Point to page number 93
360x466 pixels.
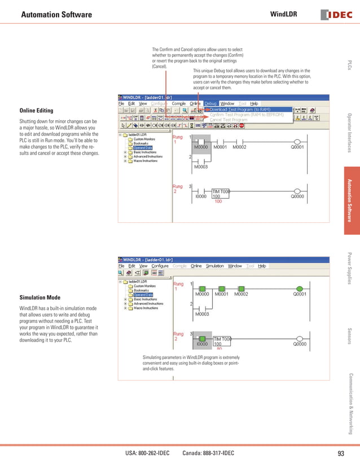[340, 454]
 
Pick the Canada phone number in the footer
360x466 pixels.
[208, 454]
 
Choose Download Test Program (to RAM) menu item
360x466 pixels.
[240, 109]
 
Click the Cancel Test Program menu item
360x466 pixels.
[229, 120]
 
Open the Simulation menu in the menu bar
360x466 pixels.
[214, 266]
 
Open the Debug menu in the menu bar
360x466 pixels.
[210, 104]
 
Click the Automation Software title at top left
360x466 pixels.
[56, 14]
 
